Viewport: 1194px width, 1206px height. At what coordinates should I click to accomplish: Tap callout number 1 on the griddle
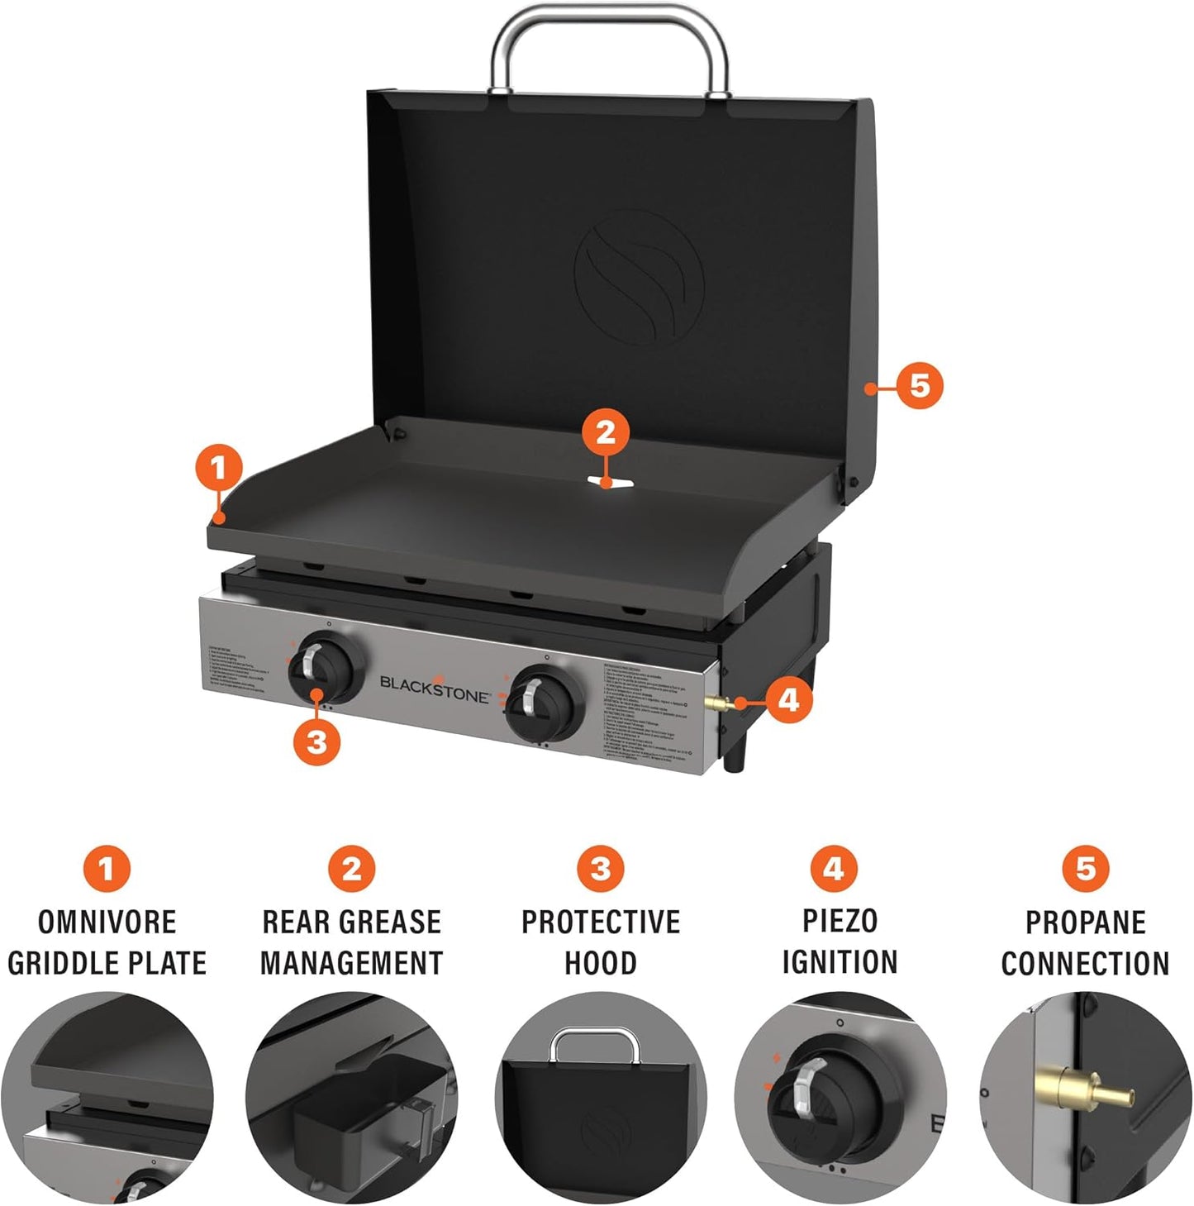(217, 469)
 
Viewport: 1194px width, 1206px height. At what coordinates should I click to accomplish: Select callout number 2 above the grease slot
(606, 431)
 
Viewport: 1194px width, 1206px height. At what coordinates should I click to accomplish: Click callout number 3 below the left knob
(316, 741)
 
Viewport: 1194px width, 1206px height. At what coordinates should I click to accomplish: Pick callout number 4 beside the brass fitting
(789, 700)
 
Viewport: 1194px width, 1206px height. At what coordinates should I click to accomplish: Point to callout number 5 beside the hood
(920, 385)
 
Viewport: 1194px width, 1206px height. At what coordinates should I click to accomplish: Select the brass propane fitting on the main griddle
(716, 703)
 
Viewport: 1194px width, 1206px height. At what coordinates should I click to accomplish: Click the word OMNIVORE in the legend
(107, 922)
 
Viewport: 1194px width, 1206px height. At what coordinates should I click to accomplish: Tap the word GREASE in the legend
(393, 922)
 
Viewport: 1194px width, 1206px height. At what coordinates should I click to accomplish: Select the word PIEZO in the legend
(840, 921)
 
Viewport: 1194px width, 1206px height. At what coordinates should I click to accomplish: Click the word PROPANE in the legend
(1085, 922)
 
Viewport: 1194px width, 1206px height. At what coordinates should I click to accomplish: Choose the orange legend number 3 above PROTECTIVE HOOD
(600, 869)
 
